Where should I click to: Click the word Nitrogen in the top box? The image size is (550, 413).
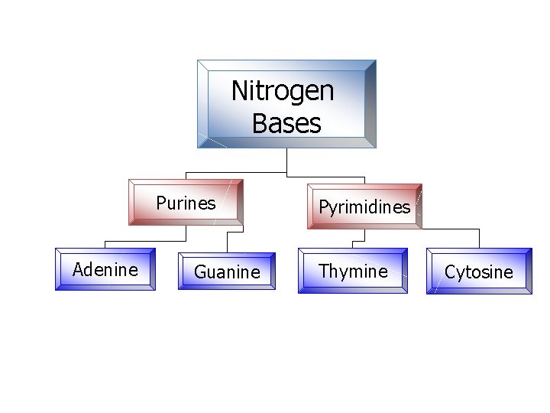(x=283, y=92)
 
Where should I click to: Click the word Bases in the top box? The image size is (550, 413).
(x=286, y=123)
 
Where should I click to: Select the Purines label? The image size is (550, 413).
(x=186, y=203)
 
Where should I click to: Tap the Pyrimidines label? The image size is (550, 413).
(x=364, y=207)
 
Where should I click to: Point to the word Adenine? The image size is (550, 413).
(x=105, y=269)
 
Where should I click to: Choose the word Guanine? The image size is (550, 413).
(x=227, y=272)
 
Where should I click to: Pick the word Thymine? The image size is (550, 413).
(x=353, y=271)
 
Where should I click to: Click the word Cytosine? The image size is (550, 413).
(x=479, y=272)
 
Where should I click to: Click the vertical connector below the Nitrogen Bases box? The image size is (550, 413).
(x=286, y=158)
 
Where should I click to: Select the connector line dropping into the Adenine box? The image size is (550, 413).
(x=105, y=244)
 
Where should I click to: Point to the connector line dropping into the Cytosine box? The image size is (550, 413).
(x=479, y=238)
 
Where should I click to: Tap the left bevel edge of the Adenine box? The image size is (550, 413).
(x=59, y=269)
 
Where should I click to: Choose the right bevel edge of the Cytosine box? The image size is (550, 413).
(x=529, y=272)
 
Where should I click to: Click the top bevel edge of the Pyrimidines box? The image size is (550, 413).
(x=364, y=187)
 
